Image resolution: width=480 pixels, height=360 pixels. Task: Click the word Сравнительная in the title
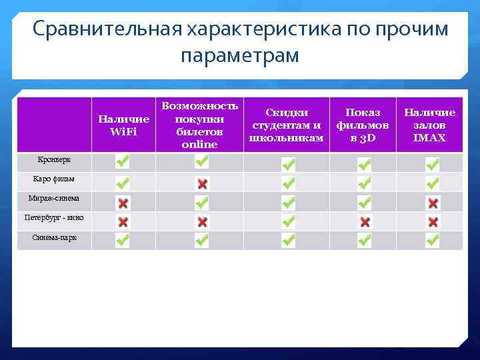[106, 29]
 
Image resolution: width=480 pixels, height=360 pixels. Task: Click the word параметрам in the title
[240, 55]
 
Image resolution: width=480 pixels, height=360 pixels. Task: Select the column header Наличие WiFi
[123, 125]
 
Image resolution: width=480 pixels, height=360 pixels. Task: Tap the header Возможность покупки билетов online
[199, 125]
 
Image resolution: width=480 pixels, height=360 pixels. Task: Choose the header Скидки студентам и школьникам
[286, 125]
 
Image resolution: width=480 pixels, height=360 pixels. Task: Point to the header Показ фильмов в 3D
[363, 125]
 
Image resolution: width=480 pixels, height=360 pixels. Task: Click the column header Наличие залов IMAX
[429, 125]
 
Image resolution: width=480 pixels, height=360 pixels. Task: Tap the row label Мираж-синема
[54, 198]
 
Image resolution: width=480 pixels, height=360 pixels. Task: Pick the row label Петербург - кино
[54, 218]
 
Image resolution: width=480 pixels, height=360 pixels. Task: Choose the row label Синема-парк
[54, 237]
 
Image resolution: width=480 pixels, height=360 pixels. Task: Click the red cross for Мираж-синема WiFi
[123, 203]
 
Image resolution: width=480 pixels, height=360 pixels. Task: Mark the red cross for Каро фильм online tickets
[202, 183]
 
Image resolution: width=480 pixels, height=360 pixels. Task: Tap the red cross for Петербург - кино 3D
[365, 222]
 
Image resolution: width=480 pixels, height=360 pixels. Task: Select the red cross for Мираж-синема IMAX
[433, 203]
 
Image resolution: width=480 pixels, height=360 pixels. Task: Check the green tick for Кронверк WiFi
[123, 161]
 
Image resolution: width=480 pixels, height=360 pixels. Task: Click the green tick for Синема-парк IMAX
[433, 241]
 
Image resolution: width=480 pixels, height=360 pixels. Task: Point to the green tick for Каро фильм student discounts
[288, 183]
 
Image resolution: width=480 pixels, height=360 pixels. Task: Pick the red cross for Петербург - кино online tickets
[202, 222]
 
